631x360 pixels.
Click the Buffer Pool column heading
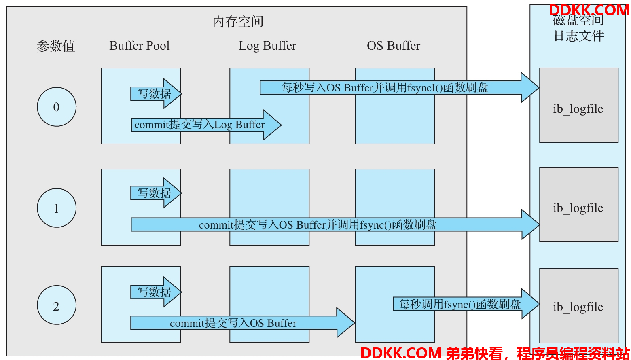[140, 46]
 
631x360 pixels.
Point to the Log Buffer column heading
[268, 46]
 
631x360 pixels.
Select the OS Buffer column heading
[394, 46]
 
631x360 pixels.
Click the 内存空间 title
[238, 22]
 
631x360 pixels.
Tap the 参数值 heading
[56, 46]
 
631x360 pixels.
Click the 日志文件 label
[579, 36]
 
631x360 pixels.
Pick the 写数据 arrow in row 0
[156, 93]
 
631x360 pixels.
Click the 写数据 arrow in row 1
[156, 193]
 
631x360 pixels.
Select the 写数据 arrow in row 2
[156, 292]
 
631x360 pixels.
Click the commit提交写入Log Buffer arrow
[206, 125]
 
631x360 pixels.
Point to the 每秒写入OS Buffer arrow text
[385, 88]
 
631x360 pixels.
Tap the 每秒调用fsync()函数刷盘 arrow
[466, 304]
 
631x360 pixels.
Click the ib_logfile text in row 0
[578, 109]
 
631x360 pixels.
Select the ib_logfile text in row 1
[578, 208]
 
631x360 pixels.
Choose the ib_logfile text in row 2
[578, 307]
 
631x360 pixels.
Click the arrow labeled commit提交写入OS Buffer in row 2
[243, 323]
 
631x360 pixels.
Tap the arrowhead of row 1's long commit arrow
[531, 224]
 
